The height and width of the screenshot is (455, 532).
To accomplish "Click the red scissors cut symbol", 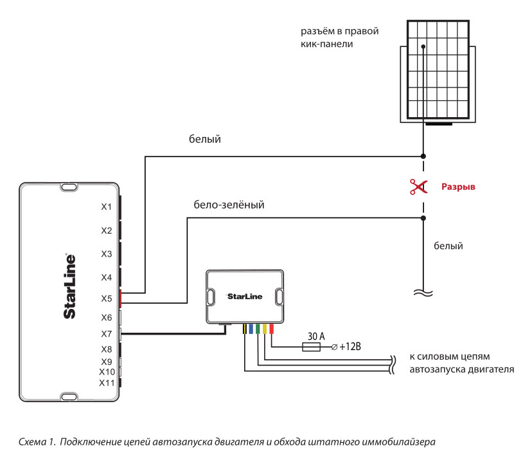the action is point(418,187).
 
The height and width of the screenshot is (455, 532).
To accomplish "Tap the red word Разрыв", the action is point(458,187).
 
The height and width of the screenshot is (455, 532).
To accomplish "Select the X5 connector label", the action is point(107,299).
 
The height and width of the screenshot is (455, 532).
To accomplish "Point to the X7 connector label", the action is point(107,334).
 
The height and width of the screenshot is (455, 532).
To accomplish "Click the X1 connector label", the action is point(107,207).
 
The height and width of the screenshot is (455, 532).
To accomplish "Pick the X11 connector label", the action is point(107,383).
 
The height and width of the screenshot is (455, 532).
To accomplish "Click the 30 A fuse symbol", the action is point(311,347).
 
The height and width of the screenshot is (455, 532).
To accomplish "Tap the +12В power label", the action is point(350,347).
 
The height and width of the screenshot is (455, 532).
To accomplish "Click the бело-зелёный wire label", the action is point(229,205).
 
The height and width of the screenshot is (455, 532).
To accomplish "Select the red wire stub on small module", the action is point(271,329).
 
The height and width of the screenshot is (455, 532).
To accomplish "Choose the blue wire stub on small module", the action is point(251,329).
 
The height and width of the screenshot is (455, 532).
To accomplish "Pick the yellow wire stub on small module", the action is point(265,329).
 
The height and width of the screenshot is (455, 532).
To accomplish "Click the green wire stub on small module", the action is point(258,329).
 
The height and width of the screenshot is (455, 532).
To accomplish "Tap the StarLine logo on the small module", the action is point(245,296).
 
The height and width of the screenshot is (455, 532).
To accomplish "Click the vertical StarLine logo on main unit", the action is point(69,286).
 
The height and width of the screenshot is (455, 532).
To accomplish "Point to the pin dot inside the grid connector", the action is point(423,46).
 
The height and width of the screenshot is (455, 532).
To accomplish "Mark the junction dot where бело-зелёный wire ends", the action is point(423,218).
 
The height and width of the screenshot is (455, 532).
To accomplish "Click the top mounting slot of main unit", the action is point(69,187).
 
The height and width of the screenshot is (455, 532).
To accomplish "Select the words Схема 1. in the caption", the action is point(37,441).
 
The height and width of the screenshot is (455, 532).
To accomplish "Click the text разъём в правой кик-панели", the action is point(340,37).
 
